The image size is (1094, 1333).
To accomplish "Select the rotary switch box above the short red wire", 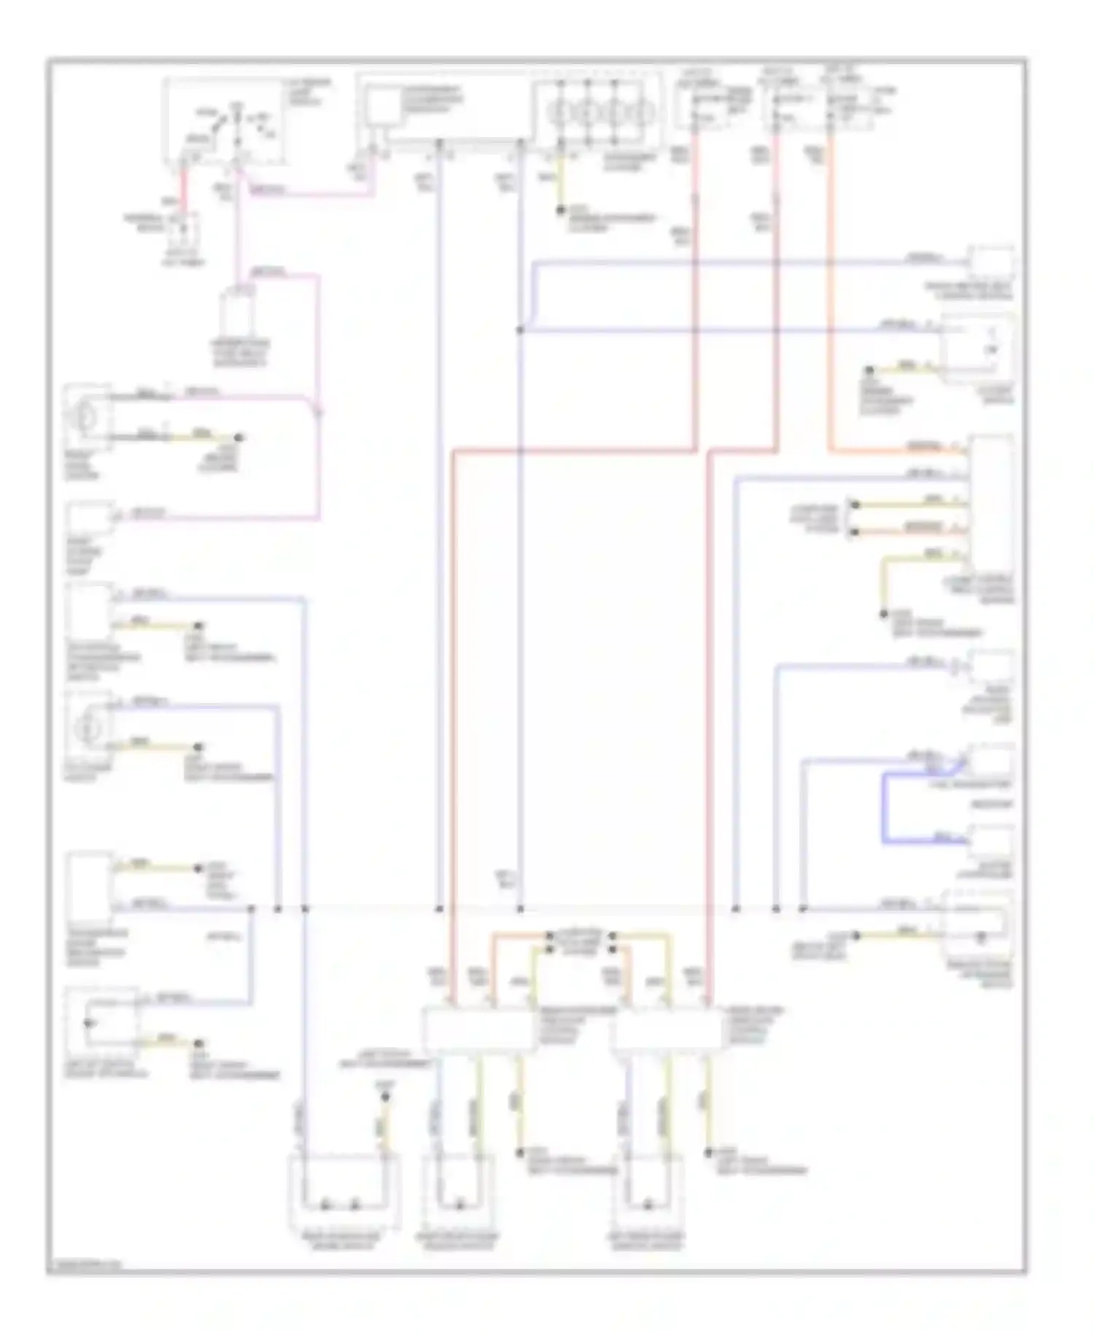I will coord(222,120).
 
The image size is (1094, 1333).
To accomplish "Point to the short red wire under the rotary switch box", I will coord(185,188).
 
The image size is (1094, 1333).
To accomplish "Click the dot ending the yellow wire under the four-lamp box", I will coord(561,210).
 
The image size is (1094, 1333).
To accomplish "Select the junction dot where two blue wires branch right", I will coord(520,330).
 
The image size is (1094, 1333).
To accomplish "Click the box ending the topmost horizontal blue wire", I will coord(990,260).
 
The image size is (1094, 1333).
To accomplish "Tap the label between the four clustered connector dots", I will coord(581,941).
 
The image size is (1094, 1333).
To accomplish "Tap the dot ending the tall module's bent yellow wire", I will coord(883,615).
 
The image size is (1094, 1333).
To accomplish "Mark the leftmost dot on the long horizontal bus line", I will coord(251,909).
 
